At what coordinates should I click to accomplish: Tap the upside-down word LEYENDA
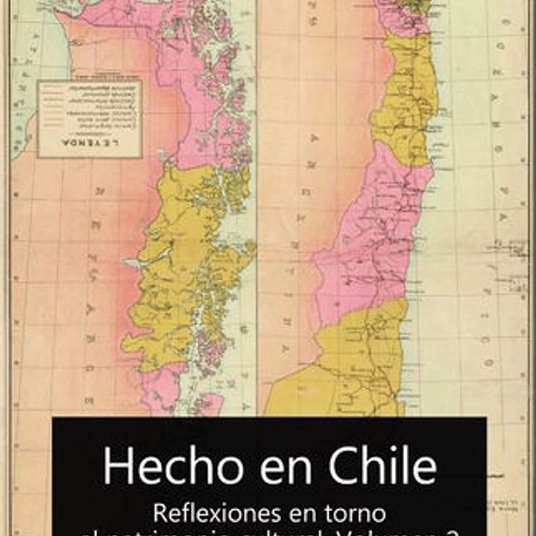click(x=89, y=146)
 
